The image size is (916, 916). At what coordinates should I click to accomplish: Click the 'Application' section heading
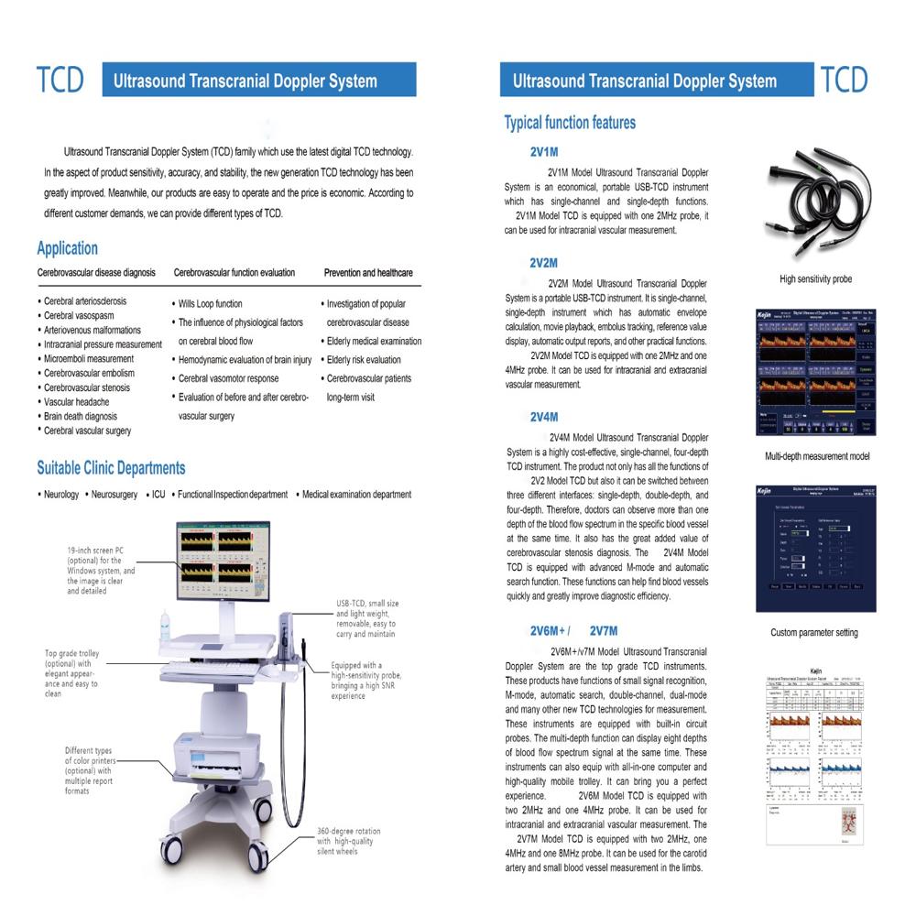(x=67, y=248)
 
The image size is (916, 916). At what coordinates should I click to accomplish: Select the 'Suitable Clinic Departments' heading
(x=111, y=468)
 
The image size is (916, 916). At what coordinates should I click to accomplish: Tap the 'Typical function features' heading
(x=569, y=123)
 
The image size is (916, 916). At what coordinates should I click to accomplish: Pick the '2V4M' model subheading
(x=544, y=417)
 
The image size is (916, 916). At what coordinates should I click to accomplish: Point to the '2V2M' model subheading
(x=544, y=263)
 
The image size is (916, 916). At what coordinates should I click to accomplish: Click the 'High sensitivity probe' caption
(x=815, y=279)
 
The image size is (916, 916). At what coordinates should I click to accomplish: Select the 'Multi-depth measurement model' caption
(x=817, y=456)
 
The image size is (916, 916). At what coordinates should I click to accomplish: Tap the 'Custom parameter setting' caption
(x=814, y=632)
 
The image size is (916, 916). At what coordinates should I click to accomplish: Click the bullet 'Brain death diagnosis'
(x=81, y=416)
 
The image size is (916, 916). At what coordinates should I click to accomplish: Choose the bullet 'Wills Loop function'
(x=210, y=304)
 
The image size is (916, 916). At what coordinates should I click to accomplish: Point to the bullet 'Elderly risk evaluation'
(x=364, y=360)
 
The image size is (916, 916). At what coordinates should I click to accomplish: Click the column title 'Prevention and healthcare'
(x=368, y=273)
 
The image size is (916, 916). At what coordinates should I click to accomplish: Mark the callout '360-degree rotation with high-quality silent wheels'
(x=348, y=842)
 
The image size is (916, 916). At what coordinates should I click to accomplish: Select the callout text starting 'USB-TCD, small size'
(x=366, y=618)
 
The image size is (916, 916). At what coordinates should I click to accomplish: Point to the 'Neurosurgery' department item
(x=114, y=495)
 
